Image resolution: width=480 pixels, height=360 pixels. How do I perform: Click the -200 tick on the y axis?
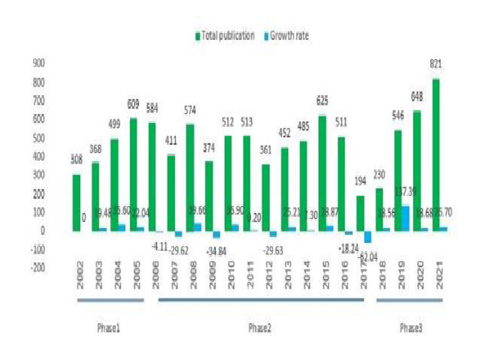click(x=38, y=267)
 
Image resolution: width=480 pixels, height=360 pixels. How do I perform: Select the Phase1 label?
click(x=109, y=328)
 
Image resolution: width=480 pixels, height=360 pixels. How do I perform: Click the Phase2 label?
click(x=260, y=328)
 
